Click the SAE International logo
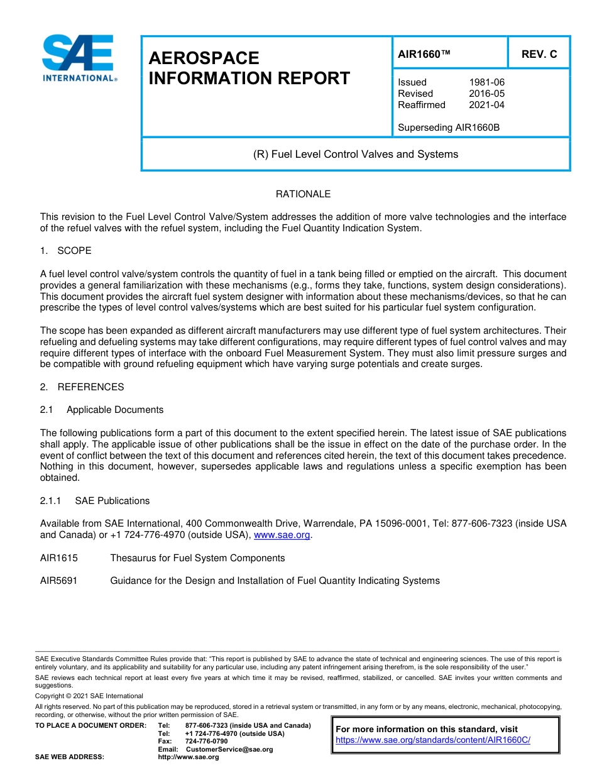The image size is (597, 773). coord(79,58)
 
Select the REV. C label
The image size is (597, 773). coord(539,54)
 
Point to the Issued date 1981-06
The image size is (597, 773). coord(486,82)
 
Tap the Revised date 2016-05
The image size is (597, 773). coord(486,94)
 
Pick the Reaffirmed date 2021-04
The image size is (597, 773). coord(486,105)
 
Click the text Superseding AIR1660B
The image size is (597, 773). coord(449,128)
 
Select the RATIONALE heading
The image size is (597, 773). coord(303,194)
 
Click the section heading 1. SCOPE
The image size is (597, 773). coord(65,251)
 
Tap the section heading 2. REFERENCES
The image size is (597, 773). coord(82,387)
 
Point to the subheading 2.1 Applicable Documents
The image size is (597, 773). coord(102,410)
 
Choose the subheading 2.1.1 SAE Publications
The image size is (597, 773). coord(95,501)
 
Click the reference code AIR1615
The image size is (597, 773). coord(58,558)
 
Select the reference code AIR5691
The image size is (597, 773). coord(58,581)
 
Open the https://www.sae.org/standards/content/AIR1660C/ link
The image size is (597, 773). coord(433,740)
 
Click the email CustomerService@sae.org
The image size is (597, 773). coord(229,749)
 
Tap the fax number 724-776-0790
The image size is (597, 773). coord(206,742)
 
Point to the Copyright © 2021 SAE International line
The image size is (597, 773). coord(89,696)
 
